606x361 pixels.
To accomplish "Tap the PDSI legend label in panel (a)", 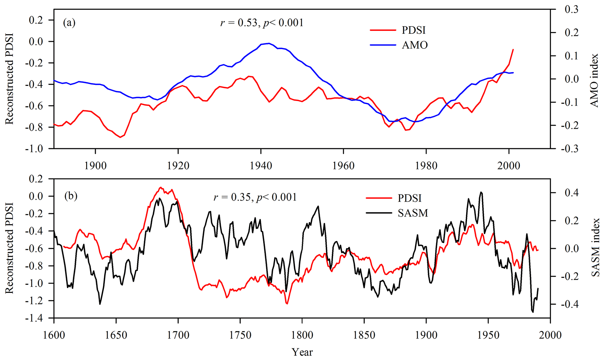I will (413, 30).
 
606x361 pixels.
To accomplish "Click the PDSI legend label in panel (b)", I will (410, 198).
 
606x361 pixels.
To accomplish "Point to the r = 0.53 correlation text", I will (262, 23).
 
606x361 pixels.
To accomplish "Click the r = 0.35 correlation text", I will (255, 197).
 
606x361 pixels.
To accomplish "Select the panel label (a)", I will (69, 23).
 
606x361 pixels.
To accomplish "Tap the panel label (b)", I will (71, 196).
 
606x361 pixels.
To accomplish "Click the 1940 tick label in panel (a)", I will (261, 166).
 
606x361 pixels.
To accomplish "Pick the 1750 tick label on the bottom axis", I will (240, 335).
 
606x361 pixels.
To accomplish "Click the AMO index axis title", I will (595, 80).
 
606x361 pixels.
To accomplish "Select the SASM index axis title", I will (595, 248).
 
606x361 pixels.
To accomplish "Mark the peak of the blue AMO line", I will (269, 43).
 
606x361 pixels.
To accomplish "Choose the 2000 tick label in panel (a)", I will (509, 166).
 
